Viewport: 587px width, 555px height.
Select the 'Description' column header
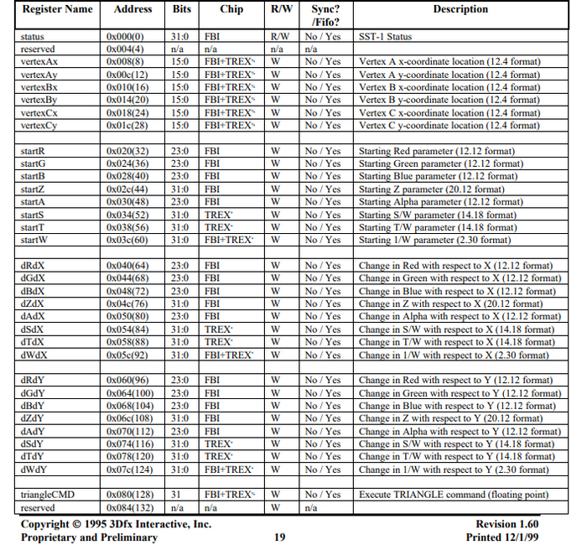[x=460, y=9]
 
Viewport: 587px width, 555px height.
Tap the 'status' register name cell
[x=34, y=37]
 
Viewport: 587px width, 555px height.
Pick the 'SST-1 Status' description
[x=385, y=37]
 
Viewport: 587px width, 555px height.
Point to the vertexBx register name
[x=39, y=87]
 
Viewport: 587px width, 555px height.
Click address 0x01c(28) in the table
[x=128, y=125]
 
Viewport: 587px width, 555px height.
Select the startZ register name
[x=34, y=189]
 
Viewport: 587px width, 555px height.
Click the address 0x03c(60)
[x=128, y=240]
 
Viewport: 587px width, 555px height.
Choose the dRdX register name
[x=34, y=266]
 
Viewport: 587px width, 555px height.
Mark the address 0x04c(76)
[x=128, y=303]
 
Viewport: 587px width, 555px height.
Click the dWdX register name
[x=35, y=355]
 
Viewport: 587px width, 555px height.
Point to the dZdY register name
[x=34, y=418]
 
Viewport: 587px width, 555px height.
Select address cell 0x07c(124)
[x=131, y=469]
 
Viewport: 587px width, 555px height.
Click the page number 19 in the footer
[x=280, y=537]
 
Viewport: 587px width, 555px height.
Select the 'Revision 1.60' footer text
[x=512, y=524]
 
